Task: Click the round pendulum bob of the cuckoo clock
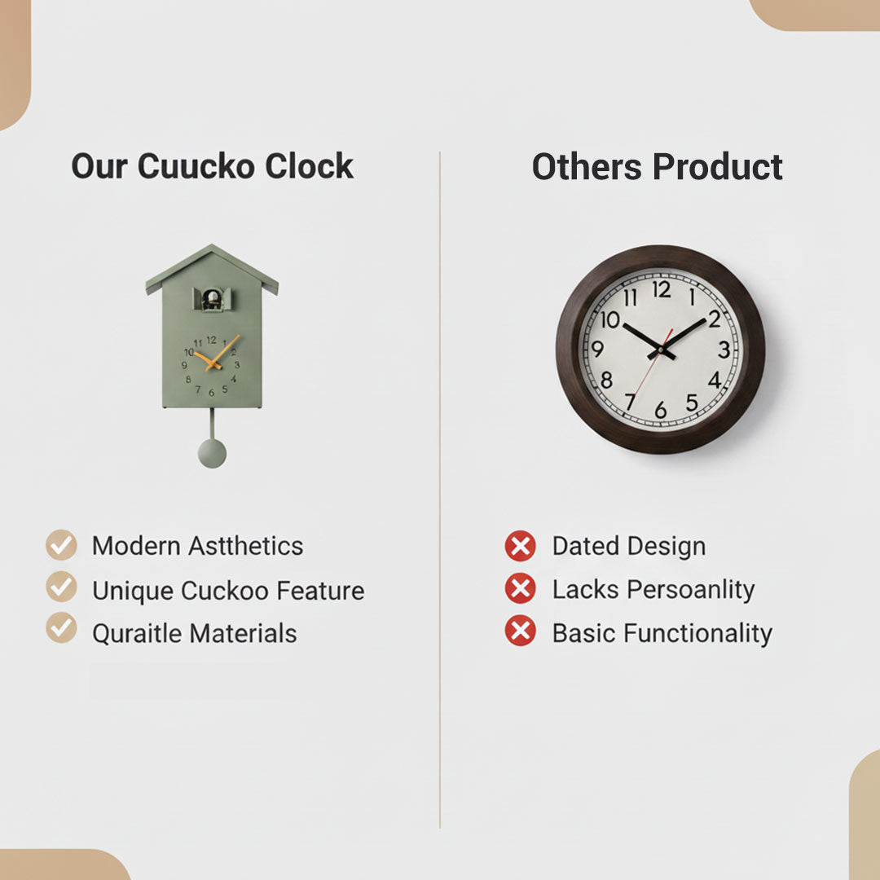tap(212, 453)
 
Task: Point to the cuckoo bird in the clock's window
tap(212, 300)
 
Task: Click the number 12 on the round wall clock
tap(662, 290)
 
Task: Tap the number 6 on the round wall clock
tap(661, 411)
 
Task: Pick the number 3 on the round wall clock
tap(724, 350)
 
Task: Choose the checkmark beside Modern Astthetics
tap(61, 545)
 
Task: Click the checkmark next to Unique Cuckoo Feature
tap(61, 587)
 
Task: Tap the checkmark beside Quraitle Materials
tap(61, 629)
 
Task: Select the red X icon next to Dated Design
tap(520, 546)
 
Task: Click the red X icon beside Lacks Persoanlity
tap(520, 588)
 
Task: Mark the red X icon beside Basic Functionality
tap(520, 631)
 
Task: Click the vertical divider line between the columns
tap(440, 489)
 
